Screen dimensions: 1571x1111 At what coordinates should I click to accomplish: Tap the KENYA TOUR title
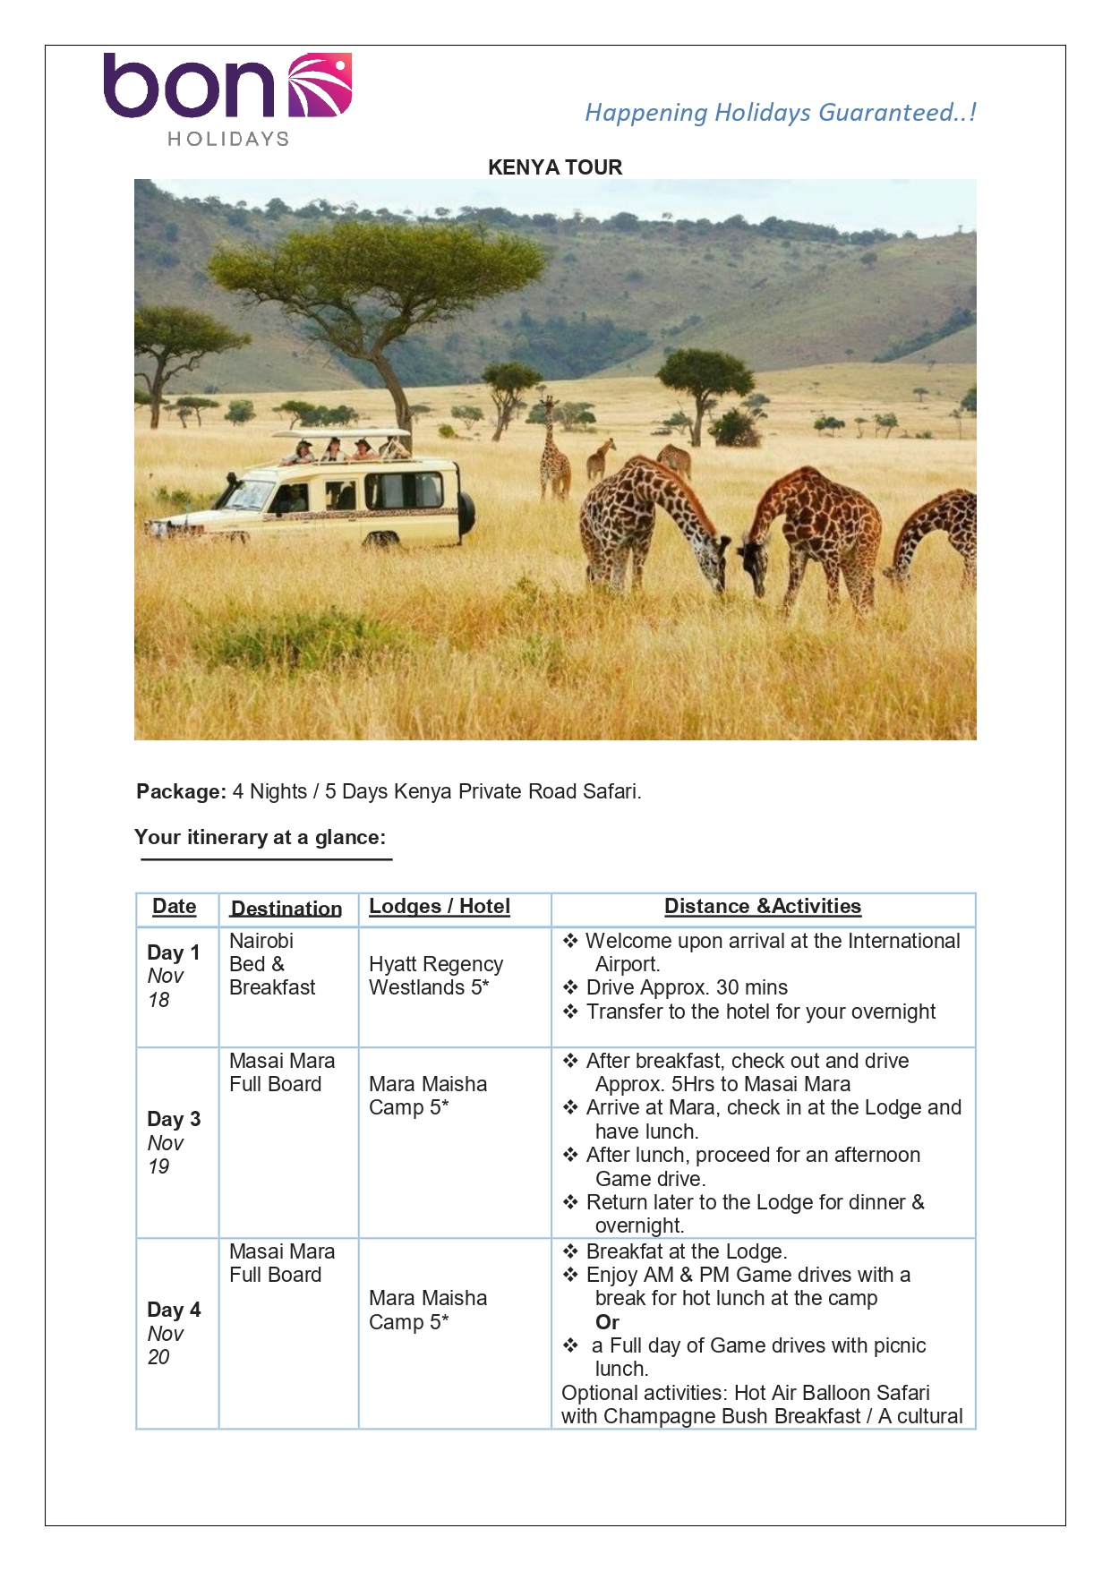(x=555, y=167)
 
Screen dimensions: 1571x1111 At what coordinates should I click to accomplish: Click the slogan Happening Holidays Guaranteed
(x=780, y=113)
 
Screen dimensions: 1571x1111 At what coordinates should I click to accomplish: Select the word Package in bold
(x=181, y=791)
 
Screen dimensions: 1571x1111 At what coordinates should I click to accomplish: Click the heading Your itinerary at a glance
(x=260, y=837)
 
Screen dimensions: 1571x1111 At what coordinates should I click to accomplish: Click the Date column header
(x=175, y=906)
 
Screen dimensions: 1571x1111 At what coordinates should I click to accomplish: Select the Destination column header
(x=286, y=909)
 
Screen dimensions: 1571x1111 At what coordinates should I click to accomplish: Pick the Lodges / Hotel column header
(x=440, y=906)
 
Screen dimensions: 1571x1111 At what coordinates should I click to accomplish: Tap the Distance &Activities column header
(x=763, y=906)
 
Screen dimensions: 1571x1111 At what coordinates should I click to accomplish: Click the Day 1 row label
(x=174, y=952)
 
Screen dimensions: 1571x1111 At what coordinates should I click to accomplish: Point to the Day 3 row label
(x=174, y=1119)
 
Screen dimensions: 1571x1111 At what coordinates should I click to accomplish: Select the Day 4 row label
(x=174, y=1310)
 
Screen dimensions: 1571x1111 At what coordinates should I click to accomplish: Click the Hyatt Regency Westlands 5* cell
(x=436, y=976)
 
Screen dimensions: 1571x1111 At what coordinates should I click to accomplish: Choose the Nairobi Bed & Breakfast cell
(x=272, y=964)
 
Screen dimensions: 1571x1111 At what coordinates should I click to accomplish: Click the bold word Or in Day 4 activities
(x=608, y=1322)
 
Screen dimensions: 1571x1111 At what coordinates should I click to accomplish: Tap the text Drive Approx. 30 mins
(x=687, y=987)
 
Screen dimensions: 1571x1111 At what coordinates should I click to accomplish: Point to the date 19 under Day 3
(x=158, y=1166)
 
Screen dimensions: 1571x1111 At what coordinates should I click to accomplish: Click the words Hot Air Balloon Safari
(x=832, y=1393)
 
